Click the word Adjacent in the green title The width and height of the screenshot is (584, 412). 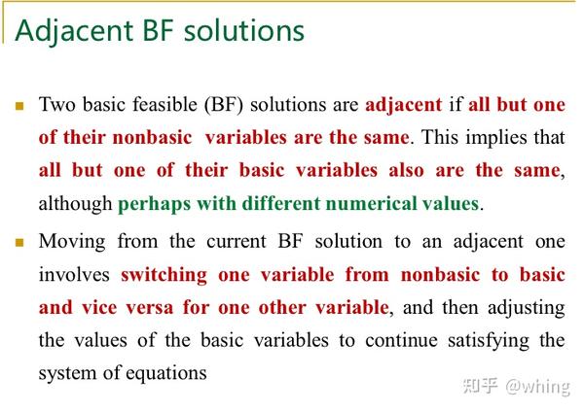point(74,30)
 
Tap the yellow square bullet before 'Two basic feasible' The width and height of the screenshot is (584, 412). point(19,107)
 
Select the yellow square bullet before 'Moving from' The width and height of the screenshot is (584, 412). point(19,243)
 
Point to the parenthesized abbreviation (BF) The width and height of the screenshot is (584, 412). point(224,105)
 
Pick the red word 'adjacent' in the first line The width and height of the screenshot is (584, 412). point(403,105)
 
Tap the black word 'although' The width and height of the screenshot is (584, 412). point(75,204)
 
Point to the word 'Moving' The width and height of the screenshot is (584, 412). point(72,242)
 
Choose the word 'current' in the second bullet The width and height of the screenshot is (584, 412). point(237,242)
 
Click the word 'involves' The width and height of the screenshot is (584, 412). point(74,275)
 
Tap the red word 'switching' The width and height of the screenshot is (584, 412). point(164,276)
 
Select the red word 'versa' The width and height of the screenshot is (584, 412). point(149,308)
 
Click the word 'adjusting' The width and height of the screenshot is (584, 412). point(527,309)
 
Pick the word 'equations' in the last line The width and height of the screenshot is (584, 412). point(166,374)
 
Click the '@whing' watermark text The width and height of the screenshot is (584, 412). point(537,388)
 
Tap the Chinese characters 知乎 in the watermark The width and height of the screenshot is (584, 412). point(480,386)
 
